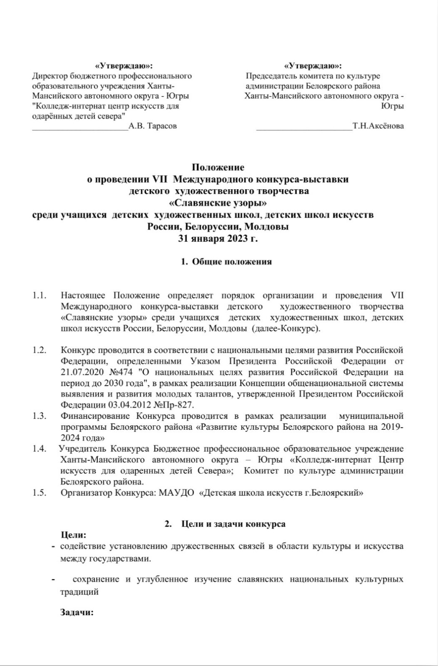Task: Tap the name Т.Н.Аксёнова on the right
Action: coord(378,126)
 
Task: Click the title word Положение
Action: coord(218,168)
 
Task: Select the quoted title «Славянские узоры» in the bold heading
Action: coord(218,204)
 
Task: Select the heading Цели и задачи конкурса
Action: coord(233,524)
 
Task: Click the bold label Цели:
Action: coord(74,535)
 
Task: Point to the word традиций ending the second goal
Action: coord(80,591)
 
